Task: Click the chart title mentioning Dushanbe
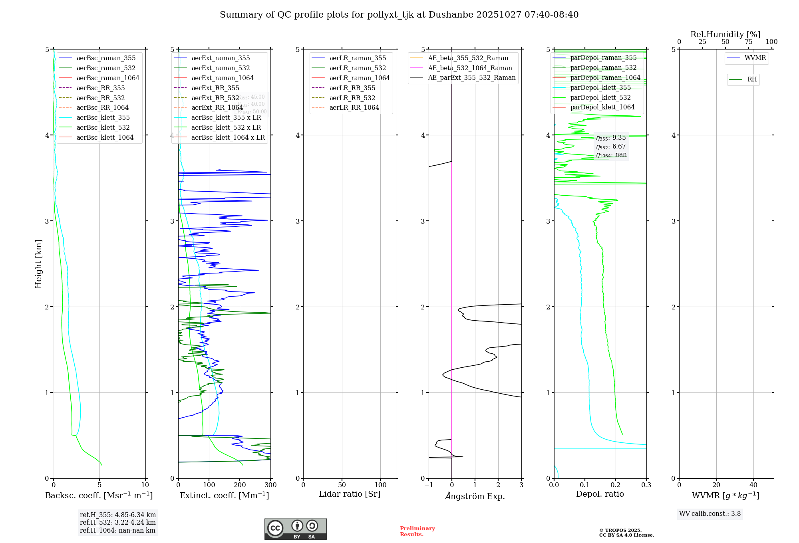point(399,15)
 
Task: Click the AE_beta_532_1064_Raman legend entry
point(470,68)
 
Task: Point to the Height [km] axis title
point(38,264)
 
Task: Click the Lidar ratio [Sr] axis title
point(350,494)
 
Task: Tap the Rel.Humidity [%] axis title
point(725,34)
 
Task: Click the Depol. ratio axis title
point(600,494)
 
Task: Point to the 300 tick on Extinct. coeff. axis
point(271,485)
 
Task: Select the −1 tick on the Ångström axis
point(429,485)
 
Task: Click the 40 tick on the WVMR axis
point(753,485)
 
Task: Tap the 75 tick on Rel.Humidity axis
point(748,42)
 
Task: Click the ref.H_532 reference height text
point(118,523)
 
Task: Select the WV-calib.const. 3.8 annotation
point(710,514)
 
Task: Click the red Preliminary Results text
point(417,531)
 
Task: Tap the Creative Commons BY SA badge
point(296,529)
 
